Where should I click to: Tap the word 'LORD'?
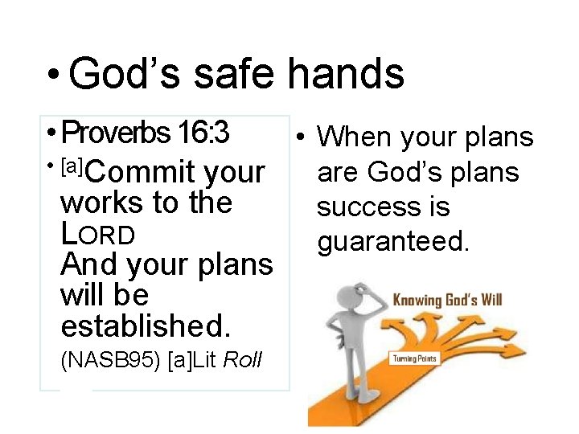coord(97,234)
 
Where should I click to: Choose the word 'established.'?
coord(146,325)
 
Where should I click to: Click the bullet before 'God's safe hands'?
coord(53,76)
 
